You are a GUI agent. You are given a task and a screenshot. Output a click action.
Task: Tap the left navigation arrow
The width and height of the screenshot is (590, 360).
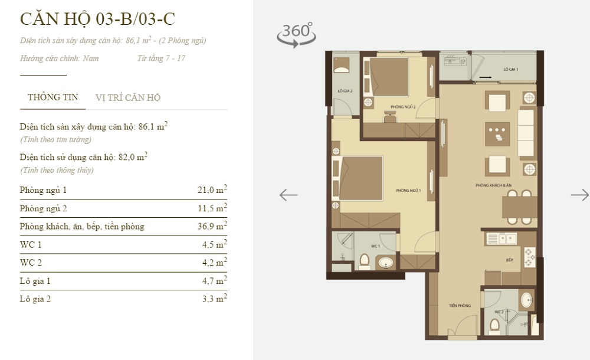point(289,195)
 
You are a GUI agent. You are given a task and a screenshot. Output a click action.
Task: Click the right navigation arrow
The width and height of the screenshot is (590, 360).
point(579,195)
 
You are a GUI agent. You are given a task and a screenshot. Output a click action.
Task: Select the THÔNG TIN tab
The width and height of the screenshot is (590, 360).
point(53,98)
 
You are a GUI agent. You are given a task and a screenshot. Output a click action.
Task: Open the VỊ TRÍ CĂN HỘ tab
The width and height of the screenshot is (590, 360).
point(128,98)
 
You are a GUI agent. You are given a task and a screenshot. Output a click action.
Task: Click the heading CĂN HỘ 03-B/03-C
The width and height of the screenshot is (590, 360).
point(98,19)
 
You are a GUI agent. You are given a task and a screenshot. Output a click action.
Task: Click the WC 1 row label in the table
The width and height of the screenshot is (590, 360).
point(31,245)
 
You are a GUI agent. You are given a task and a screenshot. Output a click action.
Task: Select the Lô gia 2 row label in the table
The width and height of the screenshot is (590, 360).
point(35,299)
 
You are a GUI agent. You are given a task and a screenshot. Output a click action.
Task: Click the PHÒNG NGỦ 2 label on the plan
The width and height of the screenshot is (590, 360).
point(403,107)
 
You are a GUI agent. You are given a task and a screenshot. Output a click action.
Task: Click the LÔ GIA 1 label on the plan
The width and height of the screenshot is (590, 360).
point(510,70)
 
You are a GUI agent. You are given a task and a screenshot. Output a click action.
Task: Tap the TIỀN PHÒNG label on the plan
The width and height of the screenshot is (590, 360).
point(459,306)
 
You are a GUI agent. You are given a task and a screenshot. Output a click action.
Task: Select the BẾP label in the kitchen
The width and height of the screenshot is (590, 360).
point(509,260)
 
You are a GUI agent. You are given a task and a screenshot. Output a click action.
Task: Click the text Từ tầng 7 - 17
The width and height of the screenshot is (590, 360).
point(161,58)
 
